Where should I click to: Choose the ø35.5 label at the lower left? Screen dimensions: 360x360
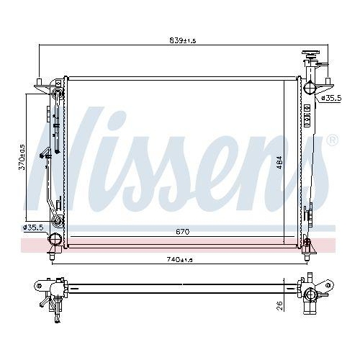point(34,228)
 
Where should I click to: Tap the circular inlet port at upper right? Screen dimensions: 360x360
point(309,89)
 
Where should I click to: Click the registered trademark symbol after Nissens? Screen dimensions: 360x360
point(331,140)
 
